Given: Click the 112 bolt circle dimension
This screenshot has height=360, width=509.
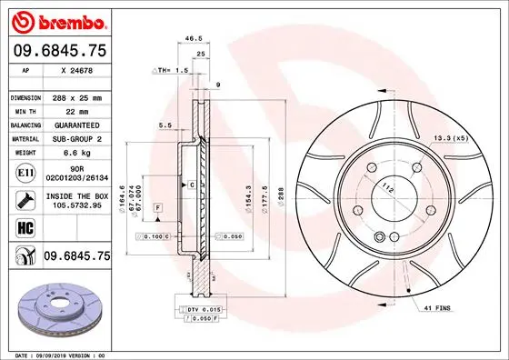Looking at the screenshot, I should pyautogui.click(x=388, y=188).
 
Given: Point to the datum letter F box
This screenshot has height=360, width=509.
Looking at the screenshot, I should pyautogui.click(x=158, y=209).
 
